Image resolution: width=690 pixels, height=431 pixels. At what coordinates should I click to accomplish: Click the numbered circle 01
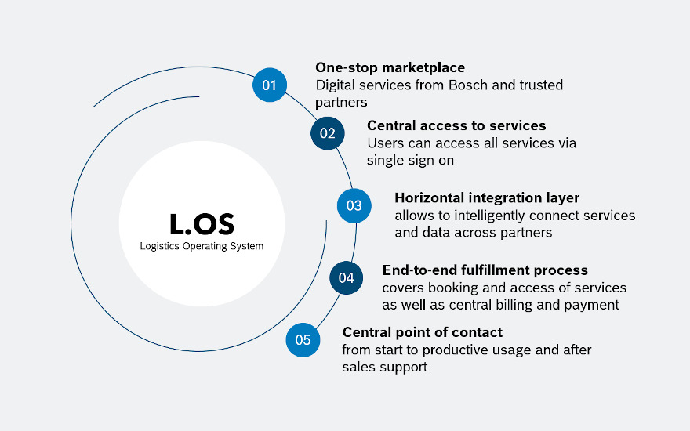pyautogui.click(x=270, y=85)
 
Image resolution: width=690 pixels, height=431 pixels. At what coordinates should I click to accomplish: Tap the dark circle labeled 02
pyautogui.click(x=328, y=133)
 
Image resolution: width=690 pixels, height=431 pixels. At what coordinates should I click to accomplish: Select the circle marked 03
pyautogui.click(x=354, y=205)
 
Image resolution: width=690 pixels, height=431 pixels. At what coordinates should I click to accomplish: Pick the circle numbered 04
pyautogui.click(x=346, y=277)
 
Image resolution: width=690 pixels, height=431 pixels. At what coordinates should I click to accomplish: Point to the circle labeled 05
pyautogui.click(x=303, y=340)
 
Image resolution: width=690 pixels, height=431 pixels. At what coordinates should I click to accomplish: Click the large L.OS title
pyautogui.click(x=202, y=223)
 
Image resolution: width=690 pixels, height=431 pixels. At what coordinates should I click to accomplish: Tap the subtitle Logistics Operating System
pyautogui.click(x=202, y=246)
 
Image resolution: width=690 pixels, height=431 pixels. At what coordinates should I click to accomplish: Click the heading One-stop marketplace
pyautogui.click(x=390, y=67)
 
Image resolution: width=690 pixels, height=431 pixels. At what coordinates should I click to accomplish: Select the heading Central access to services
pyautogui.click(x=456, y=125)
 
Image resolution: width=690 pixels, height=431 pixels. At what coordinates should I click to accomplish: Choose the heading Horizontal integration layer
pyautogui.click(x=487, y=197)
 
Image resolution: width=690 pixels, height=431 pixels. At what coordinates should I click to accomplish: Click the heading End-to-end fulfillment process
pyautogui.click(x=485, y=270)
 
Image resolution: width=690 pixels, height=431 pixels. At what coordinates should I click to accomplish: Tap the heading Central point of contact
pyautogui.click(x=423, y=332)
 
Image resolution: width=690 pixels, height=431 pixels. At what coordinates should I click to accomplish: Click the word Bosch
pyautogui.click(x=470, y=85)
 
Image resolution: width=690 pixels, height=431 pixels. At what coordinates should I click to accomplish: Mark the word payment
pyautogui.click(x=594, y=305)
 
